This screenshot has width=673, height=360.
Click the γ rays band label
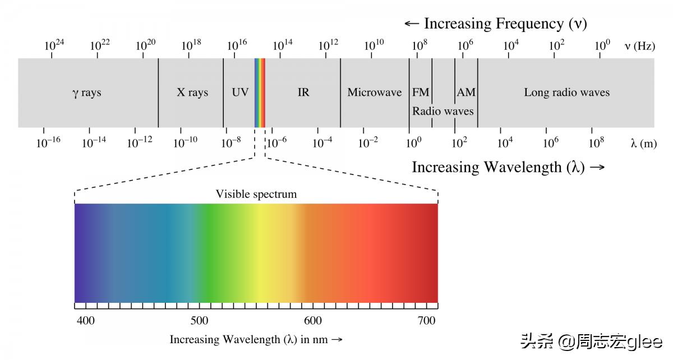click(x=87, y=93)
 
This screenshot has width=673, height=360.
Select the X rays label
click(x=192, y=93)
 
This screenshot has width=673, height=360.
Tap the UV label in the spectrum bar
click(x=240, y=93)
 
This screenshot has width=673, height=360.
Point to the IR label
click(x=303, y=93)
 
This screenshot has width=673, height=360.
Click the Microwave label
click(x=374, y=93)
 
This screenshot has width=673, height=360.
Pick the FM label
click(x=421, y=93)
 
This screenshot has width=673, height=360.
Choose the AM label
click(x=466, y=93)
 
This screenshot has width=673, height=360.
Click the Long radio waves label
click(x=566, y=93)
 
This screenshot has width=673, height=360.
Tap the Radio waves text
click(x=443, y=111)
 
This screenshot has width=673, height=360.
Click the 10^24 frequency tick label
click(x=54, y=45)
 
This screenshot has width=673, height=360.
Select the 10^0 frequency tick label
click(x=602, y=45)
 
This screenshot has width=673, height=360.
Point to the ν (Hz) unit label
click(x=639, y=47)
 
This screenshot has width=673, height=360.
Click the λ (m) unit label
click(x=643, y=144)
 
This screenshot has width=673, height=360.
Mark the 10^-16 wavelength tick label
click(x=48, y=142)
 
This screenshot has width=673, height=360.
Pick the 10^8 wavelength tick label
click(x=596, y=142)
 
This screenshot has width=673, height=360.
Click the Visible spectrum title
click(x=256, y=195)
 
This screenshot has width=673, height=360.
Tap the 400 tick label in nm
click(x=85, y=321)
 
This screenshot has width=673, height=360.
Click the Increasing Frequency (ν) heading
click(x=496, y=24)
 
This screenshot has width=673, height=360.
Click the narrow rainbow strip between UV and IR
click(x=260, y=93)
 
